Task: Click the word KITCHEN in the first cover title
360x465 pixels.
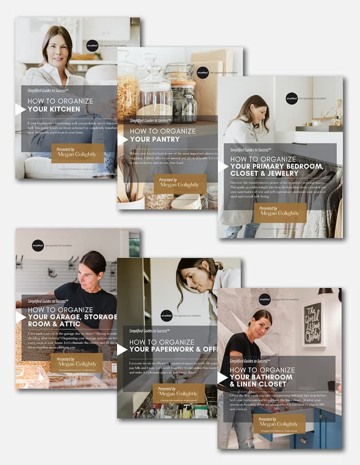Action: pos(62,109)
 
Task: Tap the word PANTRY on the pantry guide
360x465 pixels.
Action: pos(162,139)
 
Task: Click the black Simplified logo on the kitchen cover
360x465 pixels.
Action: pos(92,46)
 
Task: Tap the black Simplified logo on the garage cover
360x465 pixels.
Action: pos(38,245)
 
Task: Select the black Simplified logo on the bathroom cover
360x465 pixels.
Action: pos(265,299)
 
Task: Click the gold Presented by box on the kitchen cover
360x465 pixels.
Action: pos(77,153)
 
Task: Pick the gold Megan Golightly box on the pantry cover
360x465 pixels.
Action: pos(179,184)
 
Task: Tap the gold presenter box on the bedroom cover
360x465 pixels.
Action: pos(280,212)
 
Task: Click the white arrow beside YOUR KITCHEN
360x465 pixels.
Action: pos(20,109)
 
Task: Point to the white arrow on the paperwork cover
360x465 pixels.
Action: pos(122,349)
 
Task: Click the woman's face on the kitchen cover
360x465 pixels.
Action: pos(57,49)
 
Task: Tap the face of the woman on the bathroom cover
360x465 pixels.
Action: pos(262,325)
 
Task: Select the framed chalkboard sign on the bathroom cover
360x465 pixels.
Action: pos(313,323)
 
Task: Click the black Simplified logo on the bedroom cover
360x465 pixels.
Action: pos(292,99)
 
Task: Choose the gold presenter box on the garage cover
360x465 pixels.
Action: pos(76,363)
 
